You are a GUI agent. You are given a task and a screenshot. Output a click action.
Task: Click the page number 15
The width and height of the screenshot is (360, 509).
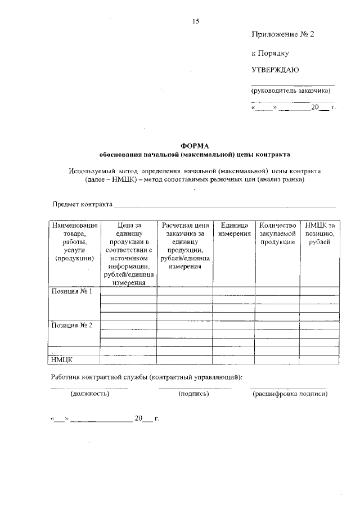[x=195, y=21]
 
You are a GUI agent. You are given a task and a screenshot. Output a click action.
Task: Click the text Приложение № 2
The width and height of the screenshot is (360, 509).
[x=282, y=34]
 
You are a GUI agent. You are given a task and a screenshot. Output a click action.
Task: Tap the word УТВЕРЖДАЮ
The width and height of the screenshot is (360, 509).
[x=275, y=70]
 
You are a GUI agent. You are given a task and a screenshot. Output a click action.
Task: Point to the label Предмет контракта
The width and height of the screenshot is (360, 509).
[x=83, y=204]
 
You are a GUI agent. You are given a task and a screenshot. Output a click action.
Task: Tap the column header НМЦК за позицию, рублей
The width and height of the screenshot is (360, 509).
[x=319, y=233]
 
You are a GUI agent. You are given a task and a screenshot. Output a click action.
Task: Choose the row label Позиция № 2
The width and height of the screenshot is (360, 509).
[x=71, y=325]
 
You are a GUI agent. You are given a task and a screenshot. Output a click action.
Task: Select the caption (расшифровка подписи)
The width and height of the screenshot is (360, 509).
[x=290, y=394]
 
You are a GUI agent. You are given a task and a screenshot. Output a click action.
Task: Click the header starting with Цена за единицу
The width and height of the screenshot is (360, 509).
[x=129, y=254]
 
